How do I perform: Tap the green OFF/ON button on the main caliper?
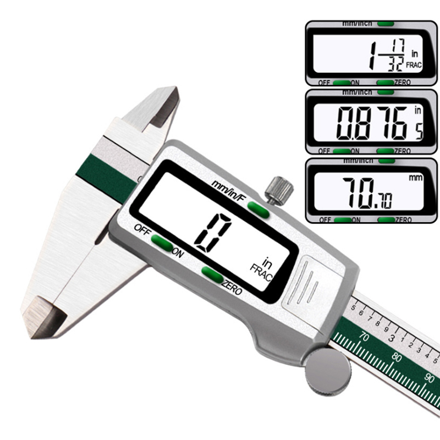(162, 242)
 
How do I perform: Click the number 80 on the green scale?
(397, 356)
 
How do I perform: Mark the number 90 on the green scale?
(430, 378)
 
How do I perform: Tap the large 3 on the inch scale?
(389, 337)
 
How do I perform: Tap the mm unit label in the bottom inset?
(414, 178)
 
